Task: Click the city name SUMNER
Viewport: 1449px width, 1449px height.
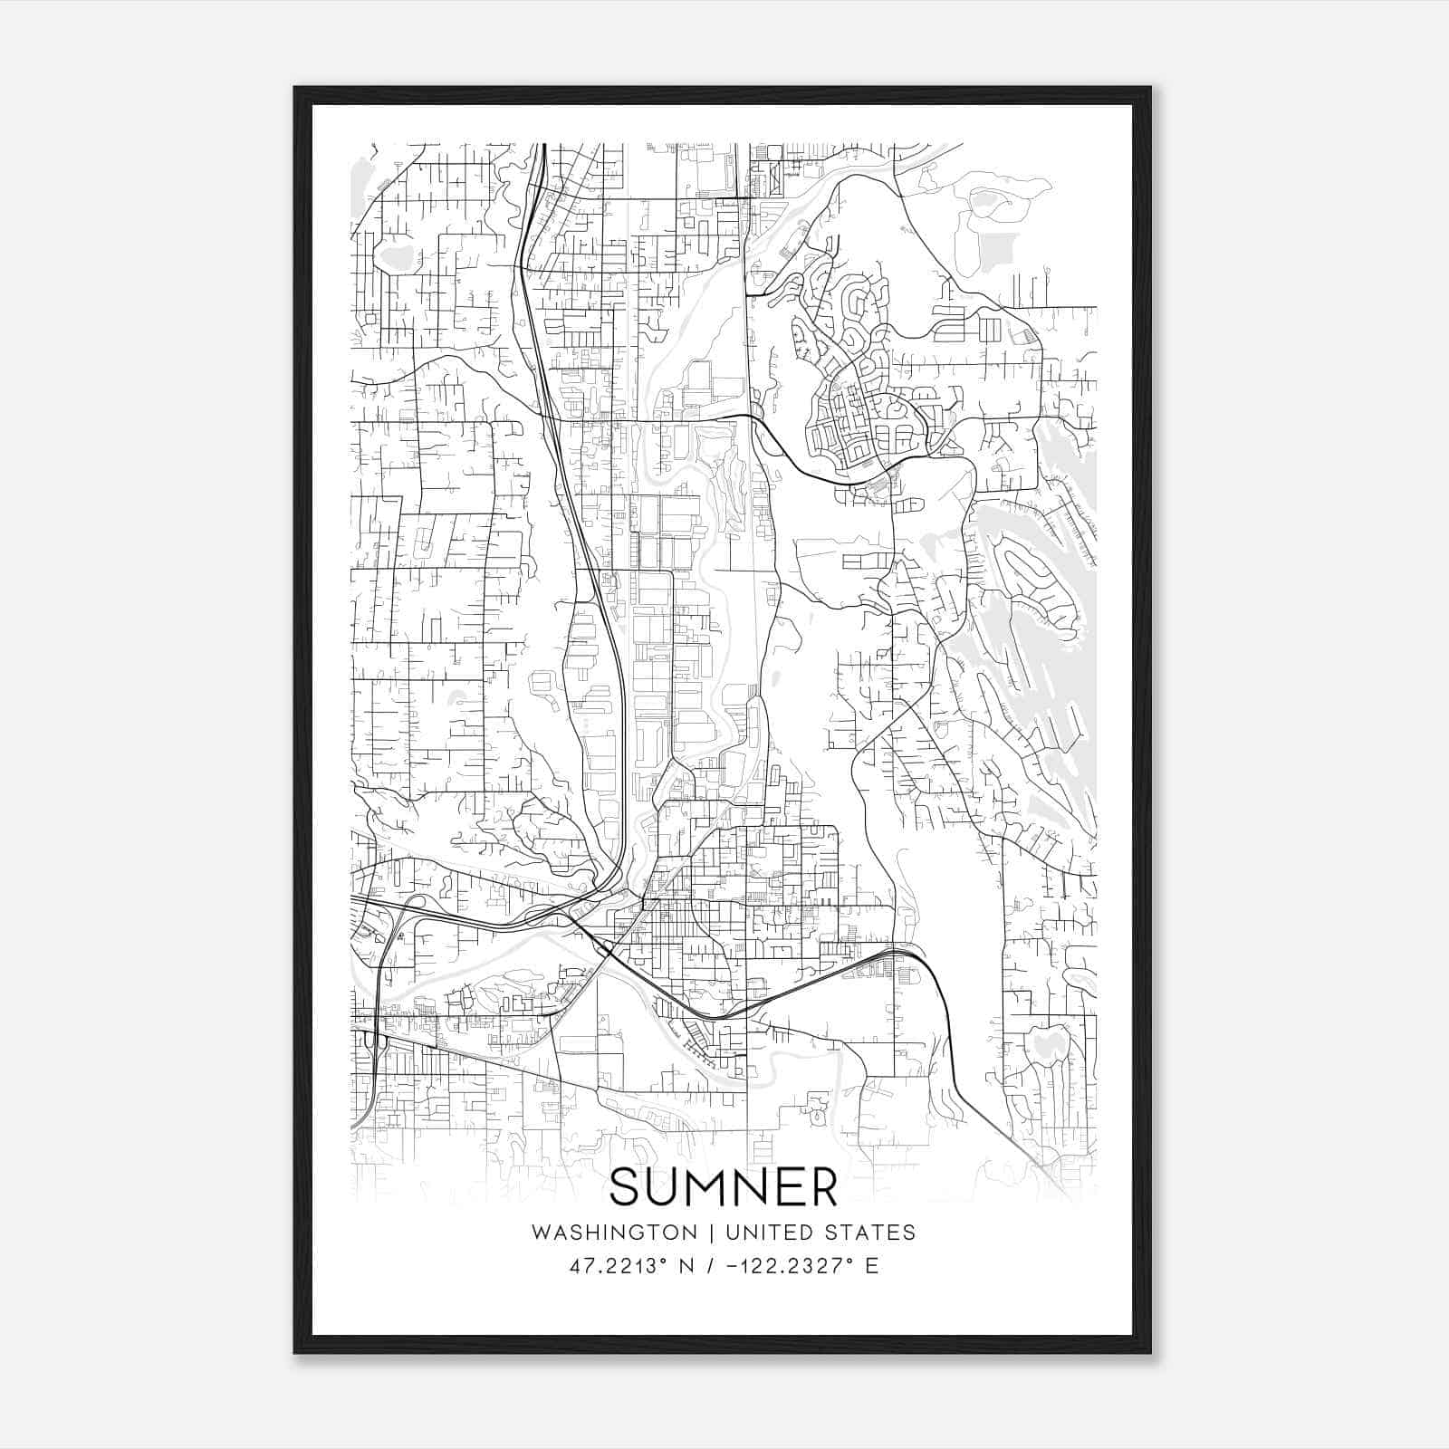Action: click(724, 1187)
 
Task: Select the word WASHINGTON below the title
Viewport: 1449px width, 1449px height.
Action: click(614, 1233)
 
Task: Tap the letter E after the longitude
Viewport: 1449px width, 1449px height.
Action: click(872, 1266)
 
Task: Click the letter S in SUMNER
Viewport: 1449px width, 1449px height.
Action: click(626, 1187)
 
